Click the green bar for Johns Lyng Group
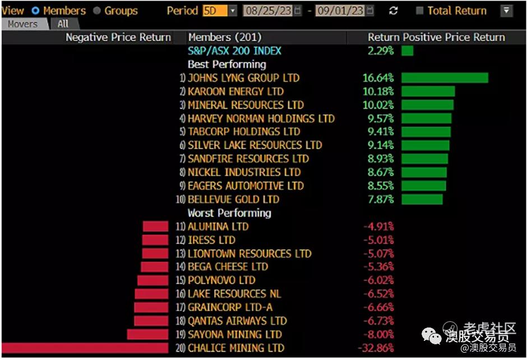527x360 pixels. pyautogui.click(x=445, y=78)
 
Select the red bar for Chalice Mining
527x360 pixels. pyautogui.click(x=84, y=348)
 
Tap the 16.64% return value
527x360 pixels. pyautogui.click(x=378, y=78)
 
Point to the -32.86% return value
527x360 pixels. pyautogui.click(x=376, y=348)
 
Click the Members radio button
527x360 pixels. pyautogui.click(x=36, y=11)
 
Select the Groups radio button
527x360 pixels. pyautogui.click(x=97, y=11)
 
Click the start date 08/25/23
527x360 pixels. pyautogui.click(x=269, y=11)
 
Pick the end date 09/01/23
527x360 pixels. pyautogui.click(x=340, y=11)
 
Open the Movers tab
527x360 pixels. pyautogui.click(x=22, y=24)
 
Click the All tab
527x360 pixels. pyautogui.click(x=63, y=24)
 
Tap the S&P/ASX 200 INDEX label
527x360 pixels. pyautogui.click(x=234, y=51)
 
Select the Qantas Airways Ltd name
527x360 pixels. pyautogui.click(x=237, y=321)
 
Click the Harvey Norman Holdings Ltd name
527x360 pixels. pyautogui.click(x=261, y=118)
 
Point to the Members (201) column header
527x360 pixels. pyautogui.click(x=225, y=38)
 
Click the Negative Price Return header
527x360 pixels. pyautogui.click(x=118, y=38)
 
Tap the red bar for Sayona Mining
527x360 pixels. pyautogui.click(x=147, y=335)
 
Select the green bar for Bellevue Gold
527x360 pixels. pyautogui.click(x=422, y=200)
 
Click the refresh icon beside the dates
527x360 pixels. pyautogui.click(x=393, y=11)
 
